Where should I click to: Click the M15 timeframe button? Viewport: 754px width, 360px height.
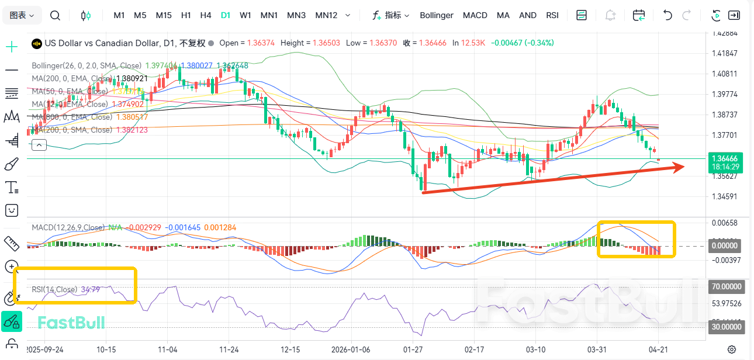164,15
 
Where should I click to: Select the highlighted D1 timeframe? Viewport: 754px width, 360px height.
226,15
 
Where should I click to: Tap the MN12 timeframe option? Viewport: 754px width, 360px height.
326,15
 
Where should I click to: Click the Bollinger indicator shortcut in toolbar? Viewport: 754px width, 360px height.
437,15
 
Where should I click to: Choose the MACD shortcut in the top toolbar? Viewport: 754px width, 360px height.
475,15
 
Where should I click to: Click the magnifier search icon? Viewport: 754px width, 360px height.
55,15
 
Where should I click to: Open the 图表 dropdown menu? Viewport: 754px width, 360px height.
22,15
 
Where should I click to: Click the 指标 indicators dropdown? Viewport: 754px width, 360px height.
391,15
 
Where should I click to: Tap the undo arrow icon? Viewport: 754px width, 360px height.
667,15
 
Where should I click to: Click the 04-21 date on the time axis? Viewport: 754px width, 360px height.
659,349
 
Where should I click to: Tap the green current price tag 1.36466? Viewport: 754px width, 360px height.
725,158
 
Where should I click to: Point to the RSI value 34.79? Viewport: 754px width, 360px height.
91,289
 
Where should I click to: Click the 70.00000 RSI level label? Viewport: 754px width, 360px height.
725,287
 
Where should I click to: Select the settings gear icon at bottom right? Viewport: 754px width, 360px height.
732,349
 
